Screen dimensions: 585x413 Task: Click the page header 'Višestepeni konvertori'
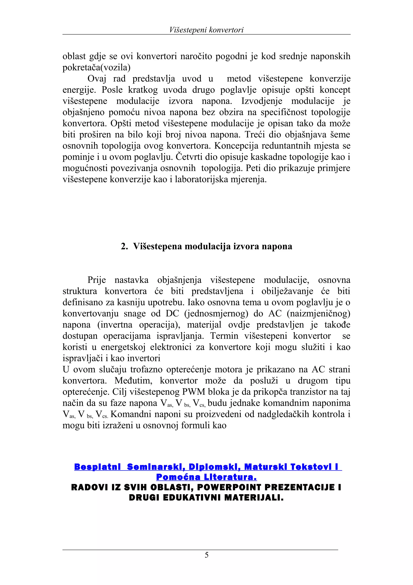206,30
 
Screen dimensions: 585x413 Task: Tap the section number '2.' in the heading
124,246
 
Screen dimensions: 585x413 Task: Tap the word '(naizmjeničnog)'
318,313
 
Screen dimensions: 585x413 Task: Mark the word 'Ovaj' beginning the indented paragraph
97,79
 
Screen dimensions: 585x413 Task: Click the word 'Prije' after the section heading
97,280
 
